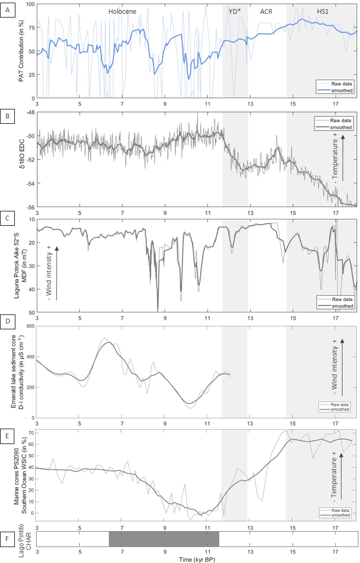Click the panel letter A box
(x=8, y=11)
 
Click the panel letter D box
(x=8, y=321)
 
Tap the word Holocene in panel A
(x=123, y=12)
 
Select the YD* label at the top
(x=235, y=12)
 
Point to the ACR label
(x=266, y=12)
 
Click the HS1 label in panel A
(x=323, y=12)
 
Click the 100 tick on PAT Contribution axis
(x=30, y=4)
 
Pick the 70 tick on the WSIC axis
(x=31, y=433)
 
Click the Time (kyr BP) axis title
(x=197, y=559)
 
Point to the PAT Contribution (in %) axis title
(x=22, y=50)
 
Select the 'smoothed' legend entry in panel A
(x=342, y=90)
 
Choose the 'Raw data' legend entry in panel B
(x=341, y=120)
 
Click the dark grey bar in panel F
(x=164, y=539)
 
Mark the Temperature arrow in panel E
(x=341, y=476)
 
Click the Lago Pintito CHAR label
(x=25, y=540)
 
